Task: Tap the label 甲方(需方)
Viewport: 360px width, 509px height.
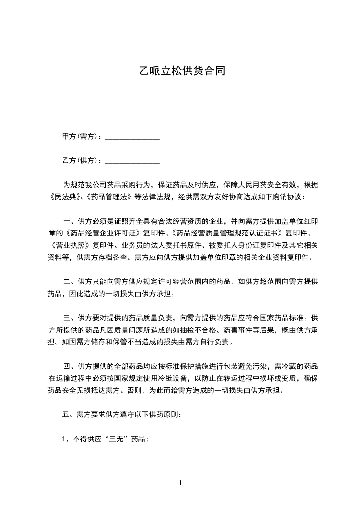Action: pyautogui.click(x=80, y=137)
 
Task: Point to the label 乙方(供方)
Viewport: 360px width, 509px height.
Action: pyautogui.click(x=80, y=161)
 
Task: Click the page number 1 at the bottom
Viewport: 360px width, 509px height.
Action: pyautogui.click(x=180, y=483)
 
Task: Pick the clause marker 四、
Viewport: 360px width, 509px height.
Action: pyautogui.click(x=70, y=367)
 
